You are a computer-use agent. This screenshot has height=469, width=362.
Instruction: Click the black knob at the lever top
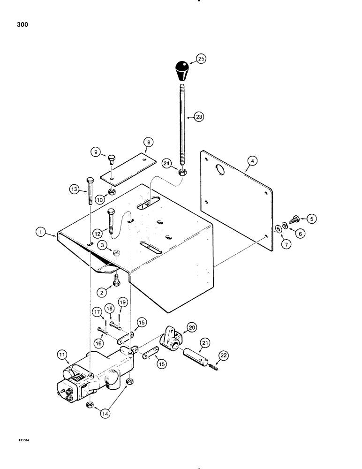(183, 70)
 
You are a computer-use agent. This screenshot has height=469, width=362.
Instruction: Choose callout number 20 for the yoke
(192, 326)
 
